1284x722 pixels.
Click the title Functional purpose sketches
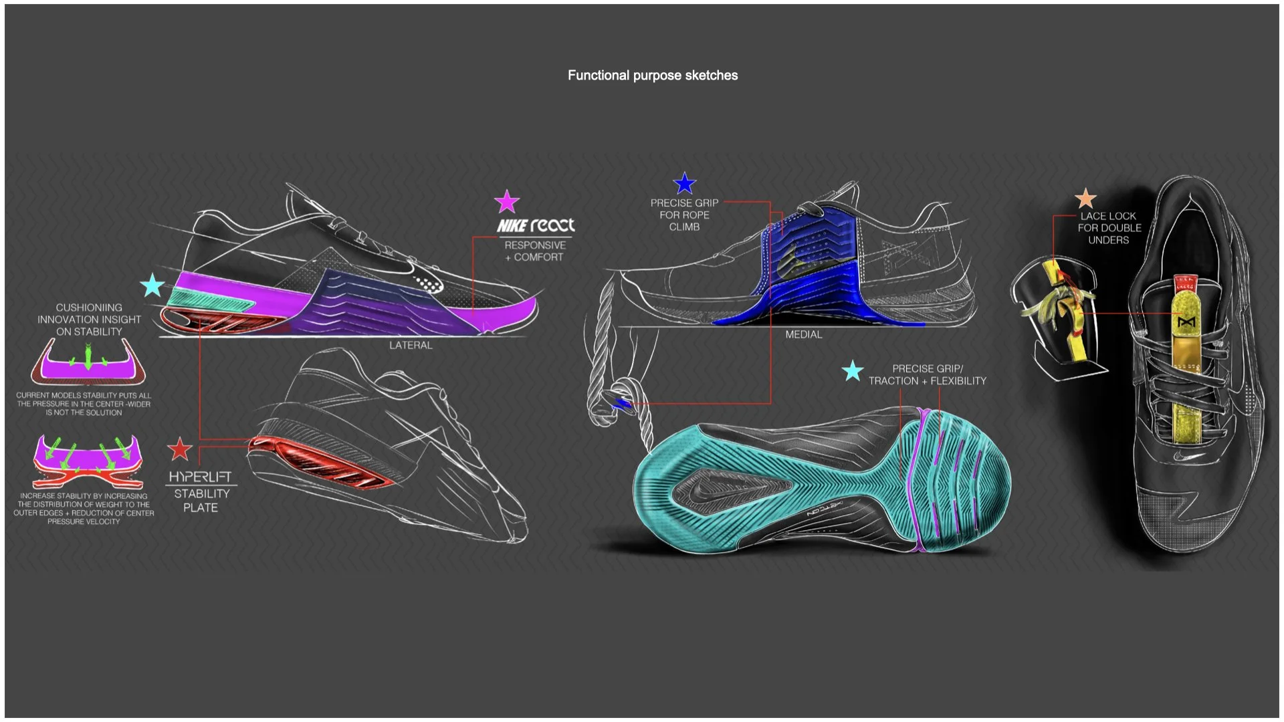(x=653, y=76)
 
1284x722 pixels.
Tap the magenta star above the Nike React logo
(x=507, y=201)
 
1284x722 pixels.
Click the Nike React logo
(x=536, y=225)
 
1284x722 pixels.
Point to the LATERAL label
(x=411, y=345)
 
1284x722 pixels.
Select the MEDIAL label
(x=803, y=334)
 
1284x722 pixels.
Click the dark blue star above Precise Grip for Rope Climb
(x=685, y=183)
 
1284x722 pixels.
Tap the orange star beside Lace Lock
(x=1085, y=199)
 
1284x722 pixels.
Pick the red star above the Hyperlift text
(x=179, y=449)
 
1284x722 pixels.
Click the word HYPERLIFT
(x=200, y=477)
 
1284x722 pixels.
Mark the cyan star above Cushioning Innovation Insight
(x=153, y=285)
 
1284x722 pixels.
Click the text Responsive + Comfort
(x=535, y=251)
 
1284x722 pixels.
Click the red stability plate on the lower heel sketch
(x=321, y=461)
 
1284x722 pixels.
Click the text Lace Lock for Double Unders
(x=1109, y=228)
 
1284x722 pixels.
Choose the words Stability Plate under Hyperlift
(x=201, y=501)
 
